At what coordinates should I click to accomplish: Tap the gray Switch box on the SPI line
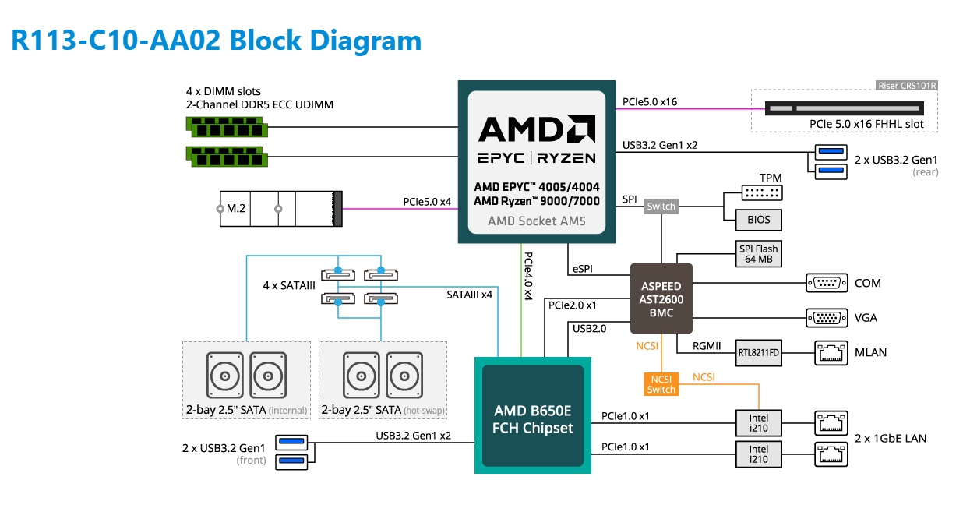click(661, 207)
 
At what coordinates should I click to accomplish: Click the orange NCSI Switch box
click(661, 383)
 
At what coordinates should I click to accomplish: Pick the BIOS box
click(759, 220)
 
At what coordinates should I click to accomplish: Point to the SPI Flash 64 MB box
click(758, 254)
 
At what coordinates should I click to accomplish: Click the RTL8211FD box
click(759, 353)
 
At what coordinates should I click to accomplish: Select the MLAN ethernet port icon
click(831, 353)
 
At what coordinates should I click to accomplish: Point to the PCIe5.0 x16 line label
click(649, 101)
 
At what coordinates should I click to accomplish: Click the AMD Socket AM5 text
click(536, 221)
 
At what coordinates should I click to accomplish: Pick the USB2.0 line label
click(589, 329)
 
